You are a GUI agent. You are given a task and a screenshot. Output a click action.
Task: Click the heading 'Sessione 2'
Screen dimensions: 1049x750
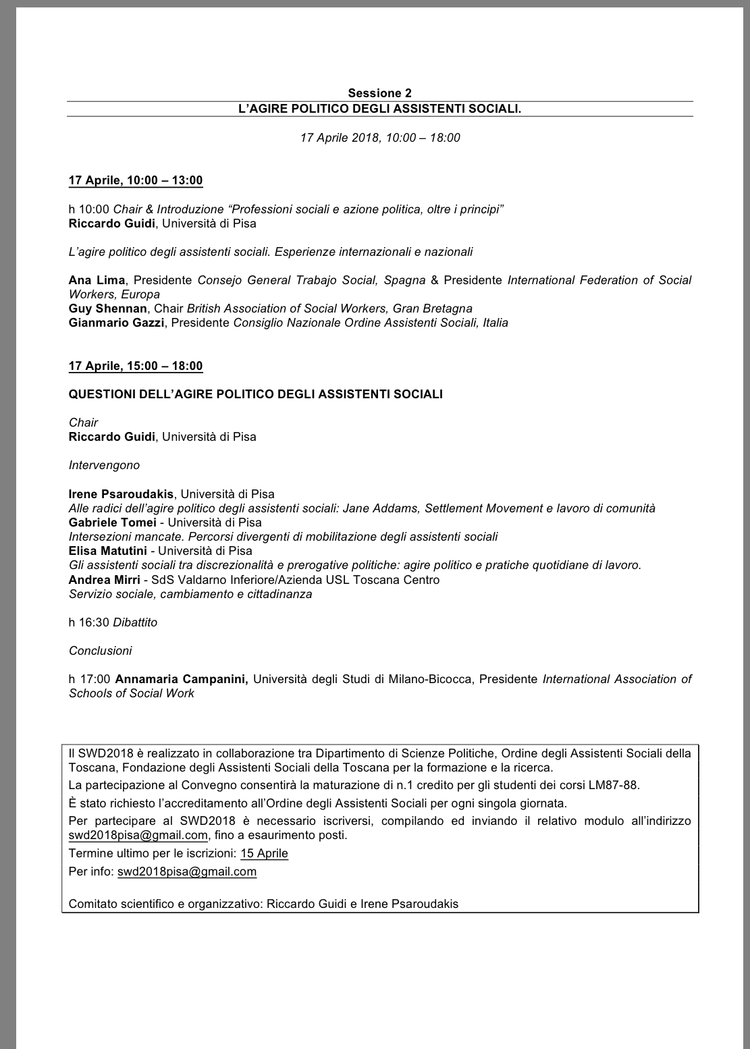[x=379, y=93]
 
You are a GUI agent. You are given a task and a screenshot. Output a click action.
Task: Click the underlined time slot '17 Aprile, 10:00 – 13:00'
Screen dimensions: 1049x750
[x=136, y=180]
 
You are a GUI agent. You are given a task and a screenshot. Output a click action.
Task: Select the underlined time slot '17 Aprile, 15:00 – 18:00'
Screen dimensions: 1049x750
[x=136, y=366]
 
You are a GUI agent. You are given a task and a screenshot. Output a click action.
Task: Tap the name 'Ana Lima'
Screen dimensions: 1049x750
[x=97, y=280]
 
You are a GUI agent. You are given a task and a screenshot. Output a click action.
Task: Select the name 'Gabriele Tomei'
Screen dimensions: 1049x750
[x=111, y=522]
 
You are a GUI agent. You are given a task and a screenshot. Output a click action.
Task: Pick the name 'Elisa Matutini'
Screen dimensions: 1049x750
[x=108, y=551]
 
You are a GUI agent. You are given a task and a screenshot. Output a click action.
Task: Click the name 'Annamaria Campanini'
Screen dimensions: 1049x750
[x=182, y=679]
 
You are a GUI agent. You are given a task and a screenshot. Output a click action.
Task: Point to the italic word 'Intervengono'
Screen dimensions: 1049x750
[x=104, y=465]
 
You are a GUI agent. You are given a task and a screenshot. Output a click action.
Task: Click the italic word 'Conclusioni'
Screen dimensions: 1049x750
[x=101, y=651]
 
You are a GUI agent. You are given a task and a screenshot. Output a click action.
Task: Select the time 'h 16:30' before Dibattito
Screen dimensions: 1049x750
[x=89, y=622]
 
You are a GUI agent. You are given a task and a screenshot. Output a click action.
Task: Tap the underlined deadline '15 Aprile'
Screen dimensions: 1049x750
[x=264, y=853]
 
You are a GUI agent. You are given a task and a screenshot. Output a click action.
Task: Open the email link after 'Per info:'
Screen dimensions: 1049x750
[x=187, y=871]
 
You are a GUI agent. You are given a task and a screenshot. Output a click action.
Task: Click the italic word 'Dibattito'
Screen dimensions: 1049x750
[x=135, y=622]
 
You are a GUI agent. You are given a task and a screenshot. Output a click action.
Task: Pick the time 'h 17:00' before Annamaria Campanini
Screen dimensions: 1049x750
[x=89, y=679]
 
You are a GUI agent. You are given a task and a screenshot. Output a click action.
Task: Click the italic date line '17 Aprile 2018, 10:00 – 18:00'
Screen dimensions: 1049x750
[x=380, y=138]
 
